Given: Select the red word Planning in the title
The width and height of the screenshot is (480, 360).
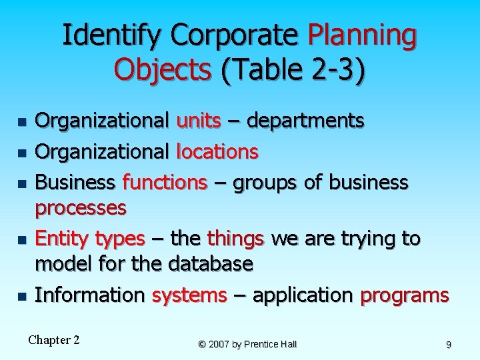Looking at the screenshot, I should [x=363, y=35].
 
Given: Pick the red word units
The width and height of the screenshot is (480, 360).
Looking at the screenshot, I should [x=199, y=121].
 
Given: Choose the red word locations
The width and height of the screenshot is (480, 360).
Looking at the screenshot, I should [x=217, y=152].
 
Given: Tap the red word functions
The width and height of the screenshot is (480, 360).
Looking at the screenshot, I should [x=165, y=182].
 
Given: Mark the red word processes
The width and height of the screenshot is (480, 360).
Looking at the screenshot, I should [x=80, y=208].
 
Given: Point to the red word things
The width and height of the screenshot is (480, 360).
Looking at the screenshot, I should [x=236, y=238].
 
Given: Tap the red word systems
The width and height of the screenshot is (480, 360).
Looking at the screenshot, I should [x=189, y=295].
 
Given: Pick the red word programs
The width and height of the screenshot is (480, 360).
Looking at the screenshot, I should [x=404, y=295].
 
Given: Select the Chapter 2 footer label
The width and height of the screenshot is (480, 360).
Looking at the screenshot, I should [x=54, y=340].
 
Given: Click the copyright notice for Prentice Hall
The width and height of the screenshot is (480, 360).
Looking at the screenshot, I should [x=247, y=344].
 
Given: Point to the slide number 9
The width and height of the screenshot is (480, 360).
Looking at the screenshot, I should [x=449, y=344].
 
